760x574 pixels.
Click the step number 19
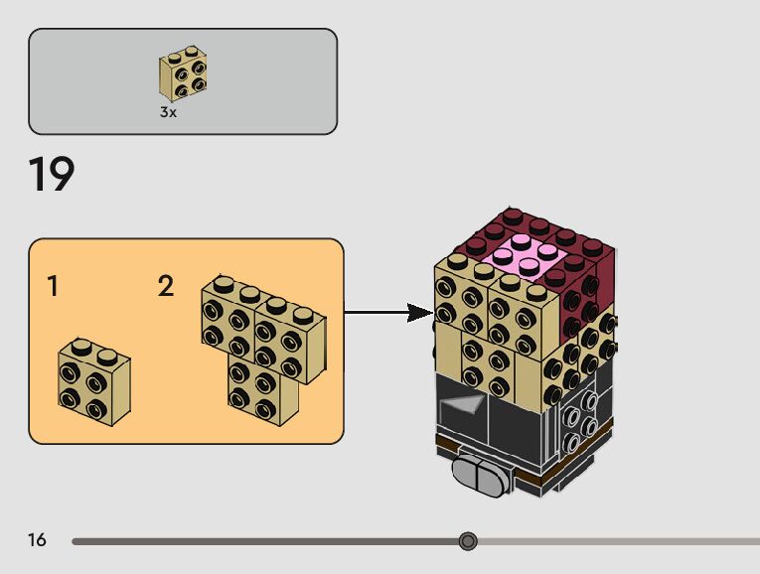(x=52, y=176)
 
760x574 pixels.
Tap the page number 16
(x=37, y=540)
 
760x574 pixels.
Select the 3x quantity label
(x=168, y=112)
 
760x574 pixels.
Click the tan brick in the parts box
(x=183, y=73)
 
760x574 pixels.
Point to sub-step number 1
(x=52, y=287)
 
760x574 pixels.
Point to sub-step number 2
(x=166, y=287)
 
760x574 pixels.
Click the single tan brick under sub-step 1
(x=92, y=381)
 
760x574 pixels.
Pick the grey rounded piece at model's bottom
(x=480, y=477)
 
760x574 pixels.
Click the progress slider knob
(x=468, y=541)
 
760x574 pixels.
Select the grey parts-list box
(x=183, y=80)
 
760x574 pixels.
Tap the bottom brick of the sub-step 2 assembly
(x=262, y=388)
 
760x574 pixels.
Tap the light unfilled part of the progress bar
(x=616, y=541)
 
